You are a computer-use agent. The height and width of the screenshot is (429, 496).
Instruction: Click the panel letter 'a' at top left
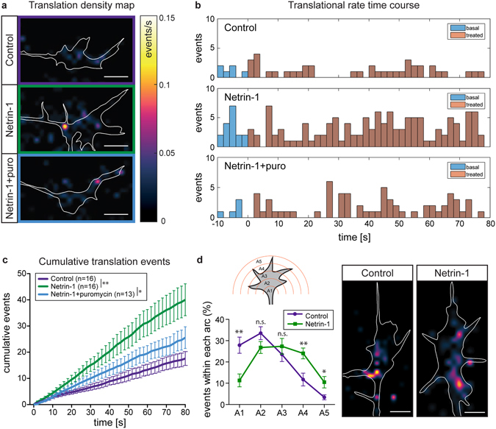coord(4,6)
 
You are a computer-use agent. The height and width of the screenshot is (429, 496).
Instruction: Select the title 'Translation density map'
coord(77,7)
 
